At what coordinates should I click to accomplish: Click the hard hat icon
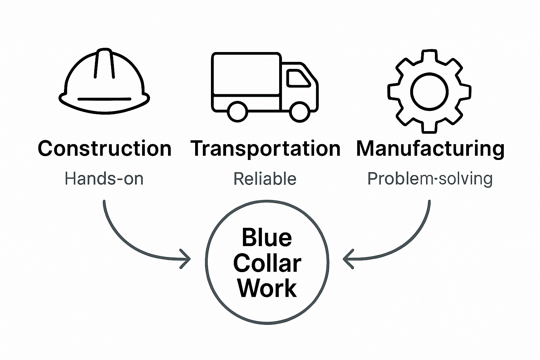104,83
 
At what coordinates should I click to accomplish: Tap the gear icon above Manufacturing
429,92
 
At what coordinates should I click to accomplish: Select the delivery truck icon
264,86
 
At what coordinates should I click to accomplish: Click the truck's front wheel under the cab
300,111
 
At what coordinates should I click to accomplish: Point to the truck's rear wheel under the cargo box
237,111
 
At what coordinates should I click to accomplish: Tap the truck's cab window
297,78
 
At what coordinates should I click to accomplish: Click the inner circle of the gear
429,92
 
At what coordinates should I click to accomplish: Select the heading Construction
104,149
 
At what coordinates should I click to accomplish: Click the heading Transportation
265,149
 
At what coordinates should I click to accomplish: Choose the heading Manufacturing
430,149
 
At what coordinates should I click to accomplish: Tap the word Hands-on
104,179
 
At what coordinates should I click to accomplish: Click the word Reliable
265,179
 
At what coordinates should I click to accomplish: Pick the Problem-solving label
430,179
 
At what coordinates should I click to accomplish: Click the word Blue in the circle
267,238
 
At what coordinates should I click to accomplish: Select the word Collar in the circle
267,263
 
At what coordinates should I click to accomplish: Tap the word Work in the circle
267,288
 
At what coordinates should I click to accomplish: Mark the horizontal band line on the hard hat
104,99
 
